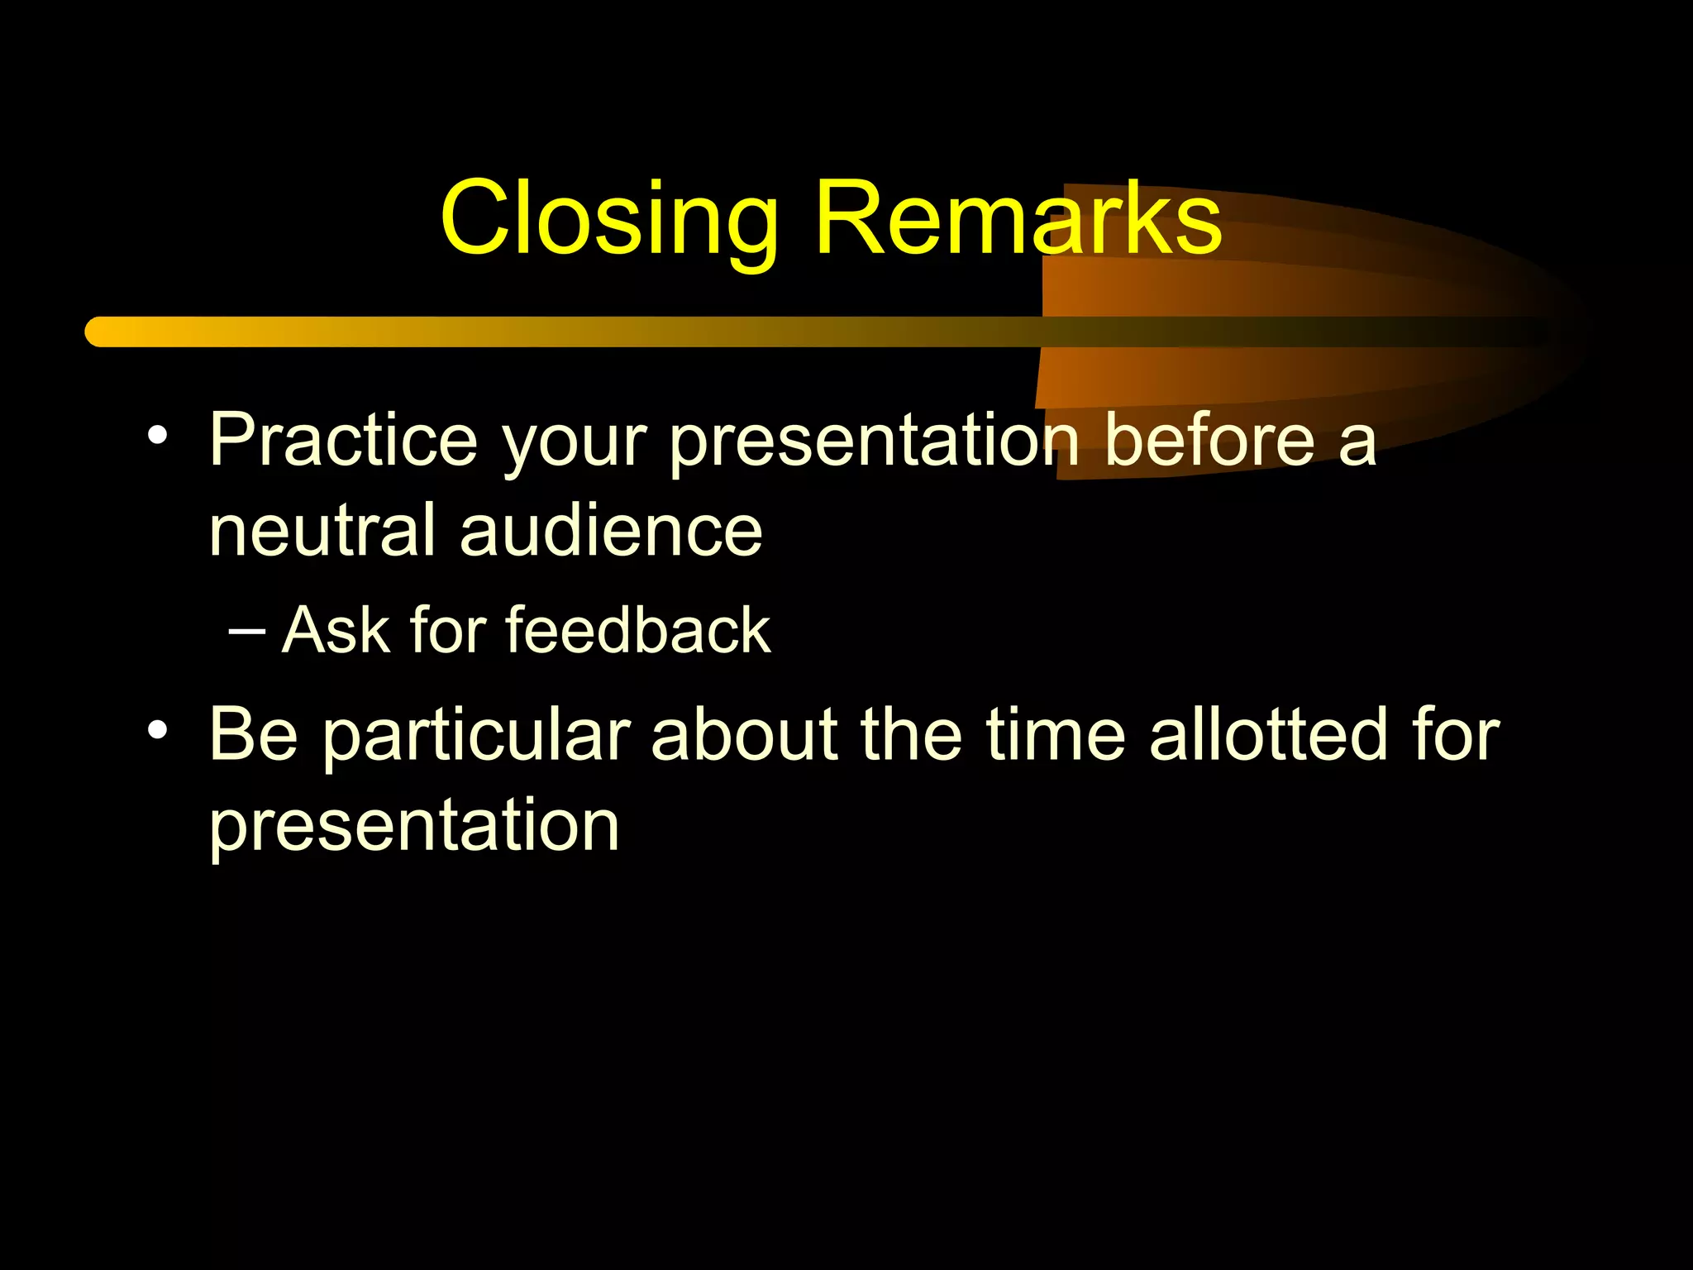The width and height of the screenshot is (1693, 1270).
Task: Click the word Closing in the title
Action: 609,219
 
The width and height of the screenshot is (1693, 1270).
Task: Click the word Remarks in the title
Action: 1018,219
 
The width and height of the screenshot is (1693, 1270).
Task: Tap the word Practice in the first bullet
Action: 344,440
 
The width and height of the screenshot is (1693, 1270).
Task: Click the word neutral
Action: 322,531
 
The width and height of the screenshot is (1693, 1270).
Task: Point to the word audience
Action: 611,531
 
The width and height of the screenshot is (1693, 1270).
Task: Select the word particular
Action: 477,736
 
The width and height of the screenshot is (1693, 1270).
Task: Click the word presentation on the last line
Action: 414,827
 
